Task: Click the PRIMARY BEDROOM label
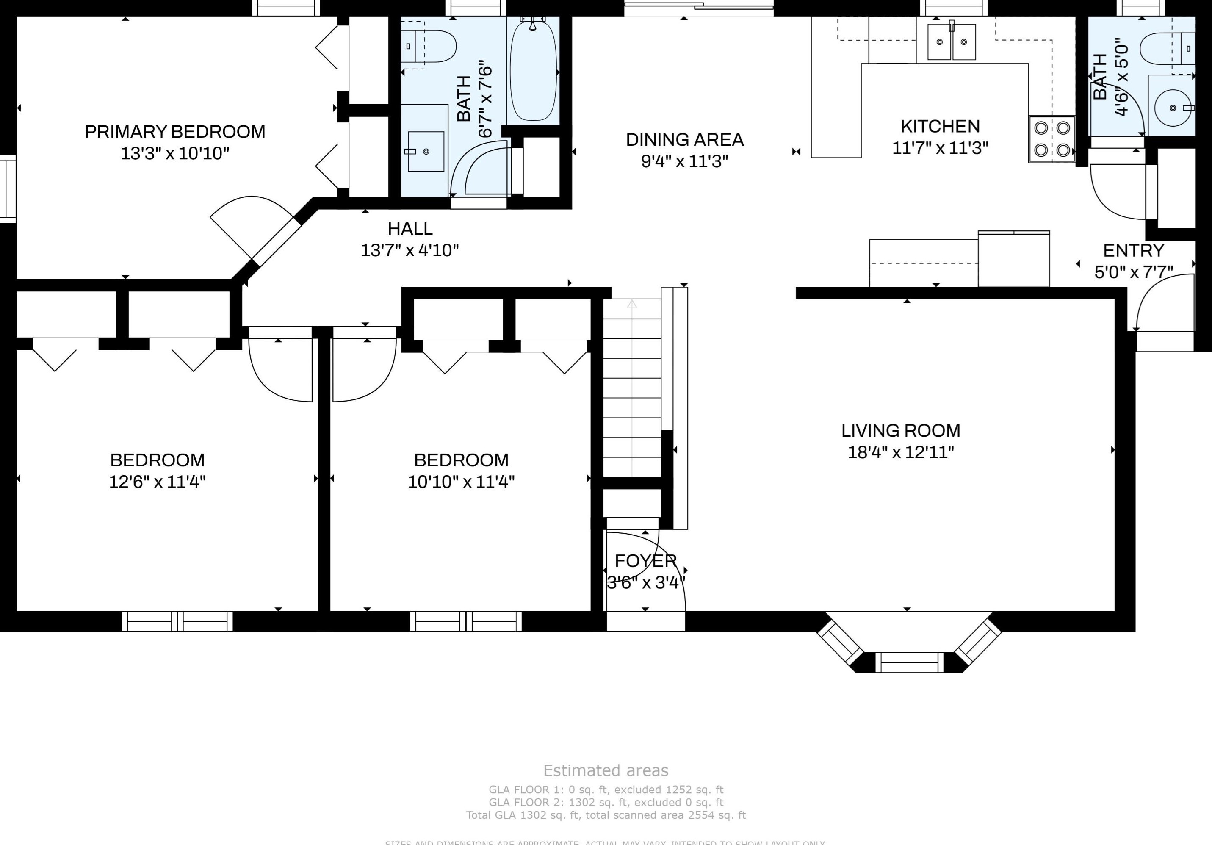pyautogui.click(x=175, y=131)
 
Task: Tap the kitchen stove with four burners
pyautogui.click(x=1052, y=139)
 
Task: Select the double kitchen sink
pyautogui.click(x=951, y=42)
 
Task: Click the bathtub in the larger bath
pyautogui.click(x=533, y=71)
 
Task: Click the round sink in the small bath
pyautogui.click(x=1173, y=108)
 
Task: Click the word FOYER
pyautogui.click(x=645, y=560)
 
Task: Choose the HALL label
pyautogui.click(x=410, y=229)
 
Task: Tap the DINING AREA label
pyautogui.click(x=685, y=139)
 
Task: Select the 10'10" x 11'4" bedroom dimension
pyautogui.click(x=461, y=482)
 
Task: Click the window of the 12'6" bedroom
pyautogui.click(x=177, y=621)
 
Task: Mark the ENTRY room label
pyautogui.click(x=1133, y=250)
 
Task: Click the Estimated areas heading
pyautogui.click(x=606, y=770)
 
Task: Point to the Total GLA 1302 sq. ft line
pyautogui.click(x=606, y=815)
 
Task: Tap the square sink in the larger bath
pyautogui.click(x=426, y=152)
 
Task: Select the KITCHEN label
pyautogui.click(x=940, y=126)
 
